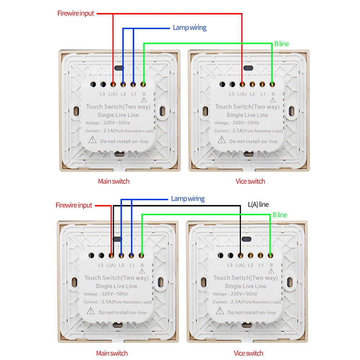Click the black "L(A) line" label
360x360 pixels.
pos(258,204)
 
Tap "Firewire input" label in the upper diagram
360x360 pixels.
pos(76,13)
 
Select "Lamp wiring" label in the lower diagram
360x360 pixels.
pos(188,198)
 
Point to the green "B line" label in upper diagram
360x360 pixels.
pos(281,44)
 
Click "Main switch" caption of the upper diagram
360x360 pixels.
pos(113,181)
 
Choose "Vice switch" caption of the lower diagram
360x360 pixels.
pos(248,353)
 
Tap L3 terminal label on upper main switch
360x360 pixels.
pos(102,94)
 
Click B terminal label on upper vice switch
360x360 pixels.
pos(273,94)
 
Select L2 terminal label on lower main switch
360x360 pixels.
pos(121,265)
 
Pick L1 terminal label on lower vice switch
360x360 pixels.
pos(261,265)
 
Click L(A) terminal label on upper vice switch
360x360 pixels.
pos(242,94)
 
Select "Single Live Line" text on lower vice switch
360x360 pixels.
pos(246,286)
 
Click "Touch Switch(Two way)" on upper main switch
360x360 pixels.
pos(118,107)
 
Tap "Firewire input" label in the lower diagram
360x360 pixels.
pos(74,205)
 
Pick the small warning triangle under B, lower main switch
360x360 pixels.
pos(141,270)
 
